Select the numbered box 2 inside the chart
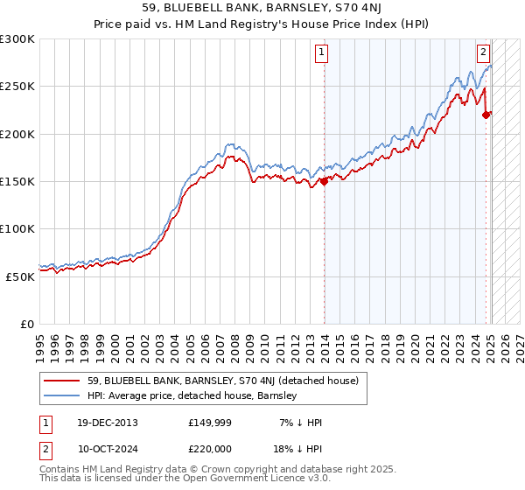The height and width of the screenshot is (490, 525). point(483,52)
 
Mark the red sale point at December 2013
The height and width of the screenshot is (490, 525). point(324,181)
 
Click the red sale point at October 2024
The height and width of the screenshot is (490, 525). point(486,115)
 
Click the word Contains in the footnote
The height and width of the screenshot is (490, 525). point(60,469)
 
